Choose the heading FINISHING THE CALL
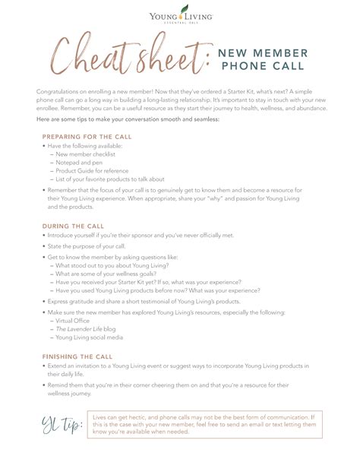(77, 356)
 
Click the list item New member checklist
(86, 154)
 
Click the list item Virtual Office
(73, 321)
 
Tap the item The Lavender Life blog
(85, 329)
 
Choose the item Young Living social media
(89, 337)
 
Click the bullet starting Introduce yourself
(152, 236)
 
